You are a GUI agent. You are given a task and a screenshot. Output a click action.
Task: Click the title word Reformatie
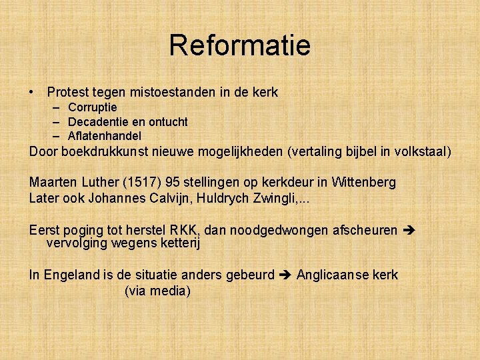239,45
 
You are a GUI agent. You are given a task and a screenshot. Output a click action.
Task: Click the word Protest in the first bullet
68,93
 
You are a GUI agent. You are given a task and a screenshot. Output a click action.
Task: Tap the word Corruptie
93,107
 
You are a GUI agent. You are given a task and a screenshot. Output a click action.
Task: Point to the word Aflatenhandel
105,137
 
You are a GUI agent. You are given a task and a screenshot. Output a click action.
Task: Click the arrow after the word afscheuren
410,231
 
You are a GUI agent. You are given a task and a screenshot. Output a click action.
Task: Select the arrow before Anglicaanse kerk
285,275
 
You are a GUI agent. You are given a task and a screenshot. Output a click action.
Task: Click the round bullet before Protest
32,93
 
